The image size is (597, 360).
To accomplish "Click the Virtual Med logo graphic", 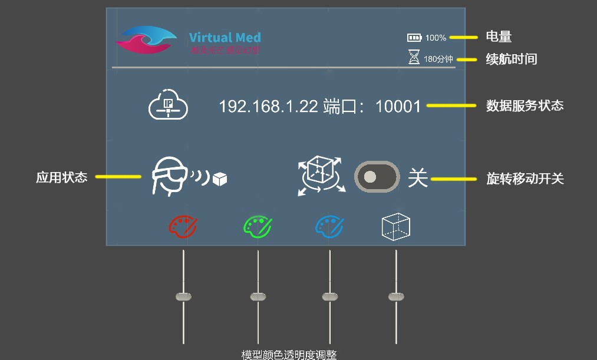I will (x=146, y=40).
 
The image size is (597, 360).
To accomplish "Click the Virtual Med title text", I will (x=225, y=38).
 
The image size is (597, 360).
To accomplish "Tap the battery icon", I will (x=414, y=38).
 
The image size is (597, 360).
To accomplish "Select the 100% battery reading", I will (x=436, y=38).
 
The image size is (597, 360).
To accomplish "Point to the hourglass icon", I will (x=415, y=58).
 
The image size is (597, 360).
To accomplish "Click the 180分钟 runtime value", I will (x=438, y=59).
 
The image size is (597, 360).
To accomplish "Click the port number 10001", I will (x=398, y=107).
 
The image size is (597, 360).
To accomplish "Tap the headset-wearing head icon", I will (x=169, y=176).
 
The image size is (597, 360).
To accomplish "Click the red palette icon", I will (x=183, y=226).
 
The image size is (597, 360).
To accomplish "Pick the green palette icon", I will (x=258, y=226).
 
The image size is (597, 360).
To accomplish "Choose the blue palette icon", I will (x=330, y=226).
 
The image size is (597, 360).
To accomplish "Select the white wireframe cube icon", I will (x=396, y=226).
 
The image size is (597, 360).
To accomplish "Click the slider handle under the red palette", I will (x=184, y=296).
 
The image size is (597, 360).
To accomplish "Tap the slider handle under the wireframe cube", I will (x=396, y=296).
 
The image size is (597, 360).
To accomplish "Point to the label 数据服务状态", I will (x=525, y=105).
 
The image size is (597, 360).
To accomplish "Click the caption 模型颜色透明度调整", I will (x=289, y=354).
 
